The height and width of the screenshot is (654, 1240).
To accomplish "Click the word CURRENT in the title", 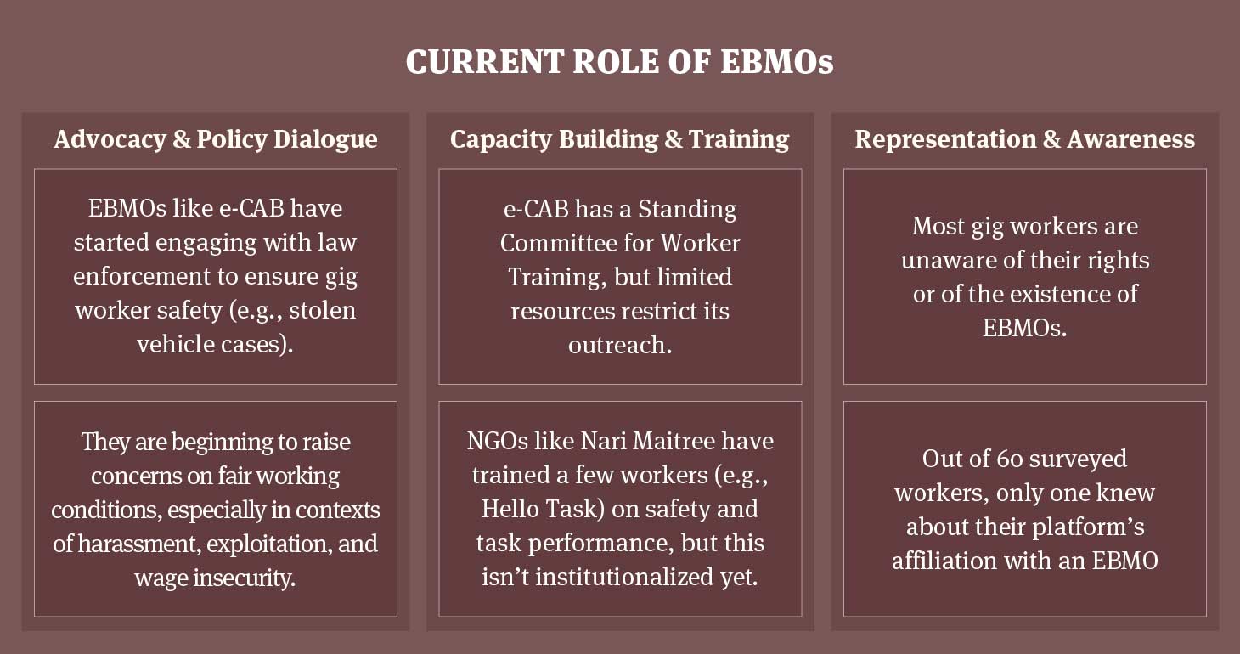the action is coord(485,61).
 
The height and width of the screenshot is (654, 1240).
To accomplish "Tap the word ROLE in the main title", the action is coord(616,61).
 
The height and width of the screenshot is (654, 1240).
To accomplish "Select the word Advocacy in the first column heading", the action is coord(110,139).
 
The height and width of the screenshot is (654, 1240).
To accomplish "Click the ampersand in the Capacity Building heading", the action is coord(674,139).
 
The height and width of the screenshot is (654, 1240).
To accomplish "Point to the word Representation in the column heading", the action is coord(945,139).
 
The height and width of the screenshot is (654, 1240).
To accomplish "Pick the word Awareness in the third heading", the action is coord(1131,139).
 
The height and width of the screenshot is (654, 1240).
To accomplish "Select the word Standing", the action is coord(687,210).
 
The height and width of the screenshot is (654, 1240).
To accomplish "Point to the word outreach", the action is coord(620,345).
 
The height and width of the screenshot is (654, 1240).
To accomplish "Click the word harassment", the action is coord(138,544).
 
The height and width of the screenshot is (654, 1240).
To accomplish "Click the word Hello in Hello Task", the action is coord(510,509).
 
